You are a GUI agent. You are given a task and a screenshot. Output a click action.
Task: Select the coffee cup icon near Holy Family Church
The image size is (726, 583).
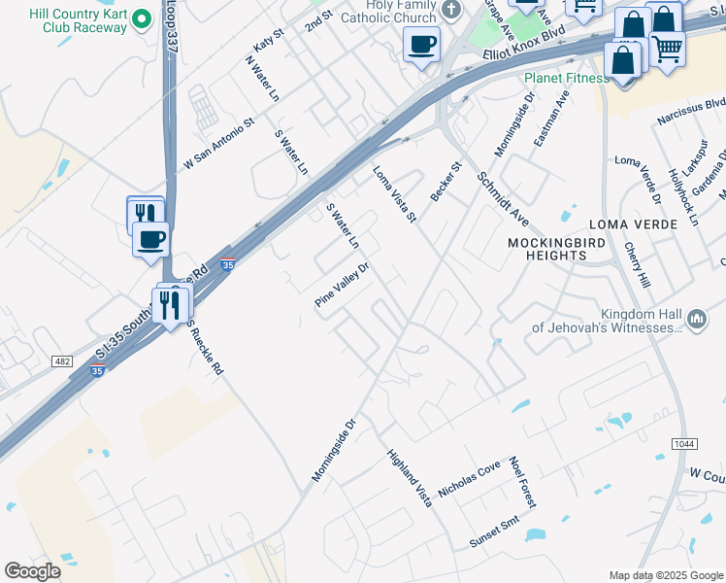tap(422, 44)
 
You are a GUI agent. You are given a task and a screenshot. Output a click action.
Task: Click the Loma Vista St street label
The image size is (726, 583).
tap(394, 193)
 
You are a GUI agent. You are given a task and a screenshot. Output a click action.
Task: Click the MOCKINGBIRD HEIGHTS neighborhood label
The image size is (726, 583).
tap(548, 248)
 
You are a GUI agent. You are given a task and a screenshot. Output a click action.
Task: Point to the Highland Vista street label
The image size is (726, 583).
tap(409, 476)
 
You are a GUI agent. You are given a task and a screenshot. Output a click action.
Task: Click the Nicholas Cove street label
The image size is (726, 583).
tap(469, 479)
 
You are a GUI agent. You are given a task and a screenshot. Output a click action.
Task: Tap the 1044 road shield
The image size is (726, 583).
tap(682, 444)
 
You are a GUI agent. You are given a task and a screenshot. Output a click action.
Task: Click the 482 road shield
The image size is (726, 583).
tap(63, 361)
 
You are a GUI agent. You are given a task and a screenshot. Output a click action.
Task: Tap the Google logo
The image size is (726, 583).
tap(32, 571)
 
